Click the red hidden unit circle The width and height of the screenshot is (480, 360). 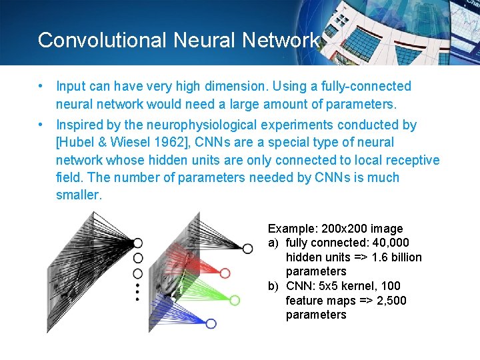[225, 273]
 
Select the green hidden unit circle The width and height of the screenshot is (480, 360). [234, 301]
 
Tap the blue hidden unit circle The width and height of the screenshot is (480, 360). [211, 324]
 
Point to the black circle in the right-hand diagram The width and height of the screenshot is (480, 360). [247, 249]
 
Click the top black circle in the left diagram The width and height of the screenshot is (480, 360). [138, 243]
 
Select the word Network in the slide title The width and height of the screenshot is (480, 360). [281, 40]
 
